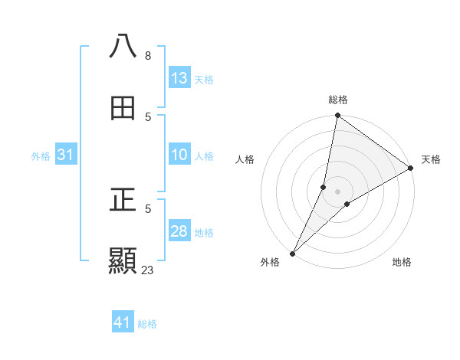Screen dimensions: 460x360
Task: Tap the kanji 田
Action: point(123,109)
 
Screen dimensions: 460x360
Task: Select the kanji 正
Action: point(123,201)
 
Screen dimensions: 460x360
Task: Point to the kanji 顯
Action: point(123,262)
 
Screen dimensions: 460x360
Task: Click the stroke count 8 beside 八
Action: point(147,56)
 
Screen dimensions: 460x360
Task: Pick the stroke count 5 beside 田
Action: point(148,117)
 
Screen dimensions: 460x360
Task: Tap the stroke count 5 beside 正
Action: point(148,208)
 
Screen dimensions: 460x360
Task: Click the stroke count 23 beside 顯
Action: point(148,270)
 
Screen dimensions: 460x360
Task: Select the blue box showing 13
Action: point(179,78)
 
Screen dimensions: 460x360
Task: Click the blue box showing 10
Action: point(179,155)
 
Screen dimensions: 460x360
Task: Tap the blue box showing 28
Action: point(179,231)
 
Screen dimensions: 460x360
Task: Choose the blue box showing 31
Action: point(65,155)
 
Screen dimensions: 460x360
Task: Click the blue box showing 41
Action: point(123,322)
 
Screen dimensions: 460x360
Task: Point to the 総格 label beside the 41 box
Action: point(147,324)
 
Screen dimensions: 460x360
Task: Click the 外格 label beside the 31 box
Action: point(41,156)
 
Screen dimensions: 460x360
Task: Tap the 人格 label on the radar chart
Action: point(245,159)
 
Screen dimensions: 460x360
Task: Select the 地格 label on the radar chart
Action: point(402,262)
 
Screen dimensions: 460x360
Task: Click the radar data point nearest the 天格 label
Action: point(411,169)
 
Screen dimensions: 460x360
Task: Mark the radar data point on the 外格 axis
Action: point(293,253)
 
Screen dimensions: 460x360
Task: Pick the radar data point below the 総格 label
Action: point(337,116)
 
